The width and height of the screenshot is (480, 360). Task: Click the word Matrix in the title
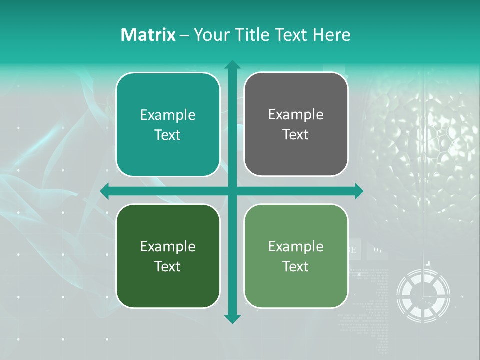(x=148, y=35)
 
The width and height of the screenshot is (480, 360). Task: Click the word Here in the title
(x=331, y=35)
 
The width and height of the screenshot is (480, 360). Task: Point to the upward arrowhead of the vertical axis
(x=232, y=65)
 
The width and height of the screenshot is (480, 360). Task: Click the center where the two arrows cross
(x=232, y=191)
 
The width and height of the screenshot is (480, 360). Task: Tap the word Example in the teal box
(x=168, y=115)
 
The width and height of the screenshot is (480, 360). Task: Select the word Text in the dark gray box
(x=296, y=135)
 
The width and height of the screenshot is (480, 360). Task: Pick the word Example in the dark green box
(x=168, y=246)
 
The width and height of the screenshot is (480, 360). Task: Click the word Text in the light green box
(x=296, y=266)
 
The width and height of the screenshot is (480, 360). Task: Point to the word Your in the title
(x=211, y=35)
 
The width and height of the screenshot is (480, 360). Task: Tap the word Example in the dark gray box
(x=296, y=115)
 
